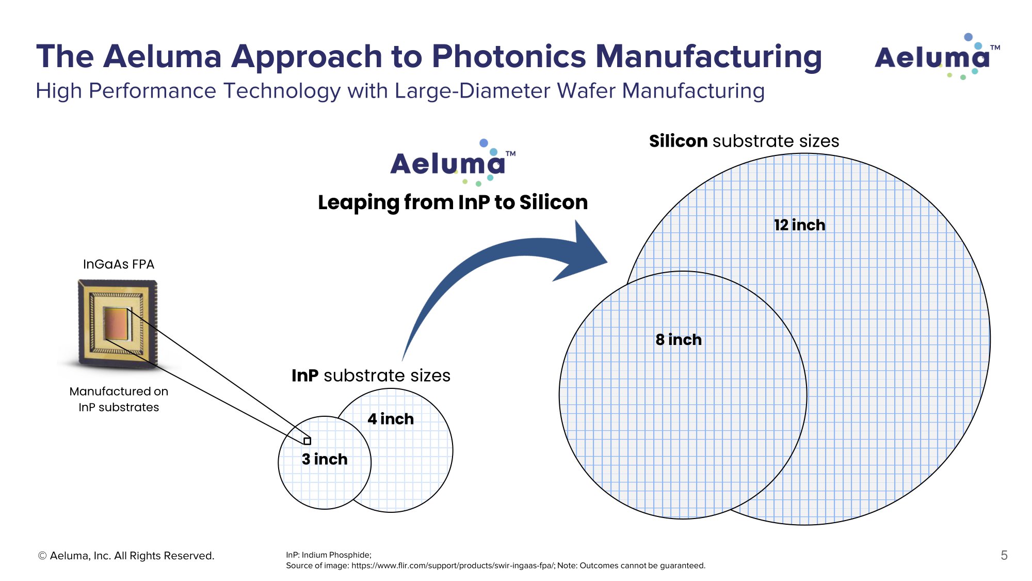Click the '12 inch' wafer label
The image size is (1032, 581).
click(799, 225)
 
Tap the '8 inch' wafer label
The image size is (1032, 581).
click(679, 340)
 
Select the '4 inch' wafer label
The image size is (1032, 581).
click(391, 419)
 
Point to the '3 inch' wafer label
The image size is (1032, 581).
click(325, 459)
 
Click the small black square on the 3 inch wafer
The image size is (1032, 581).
click(308, 441)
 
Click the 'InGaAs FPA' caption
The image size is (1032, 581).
click(119, 264)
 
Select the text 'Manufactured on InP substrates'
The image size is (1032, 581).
click(119, 399)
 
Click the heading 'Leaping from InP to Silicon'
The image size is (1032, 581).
click(453, 202)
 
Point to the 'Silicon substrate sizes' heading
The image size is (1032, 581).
click(744, 141)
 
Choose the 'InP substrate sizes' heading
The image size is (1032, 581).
click(371, 375)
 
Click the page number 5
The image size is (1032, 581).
click(1004, 556)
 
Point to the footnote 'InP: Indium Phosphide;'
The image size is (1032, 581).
click(329, 555)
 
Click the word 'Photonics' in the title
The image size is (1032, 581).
click(509, 57)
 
